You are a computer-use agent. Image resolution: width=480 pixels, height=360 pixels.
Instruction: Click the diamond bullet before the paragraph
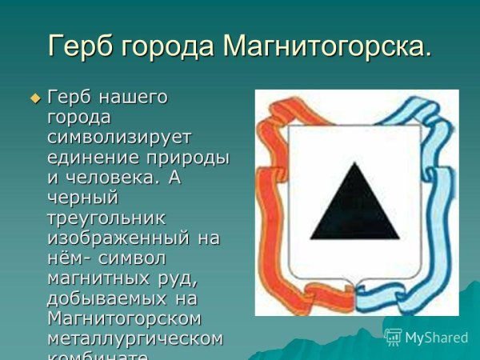coord(34,98)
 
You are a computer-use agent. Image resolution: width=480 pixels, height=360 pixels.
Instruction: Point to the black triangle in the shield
coord(355,203)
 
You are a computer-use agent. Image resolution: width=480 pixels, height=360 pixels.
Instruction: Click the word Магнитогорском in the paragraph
coord(124,318)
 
